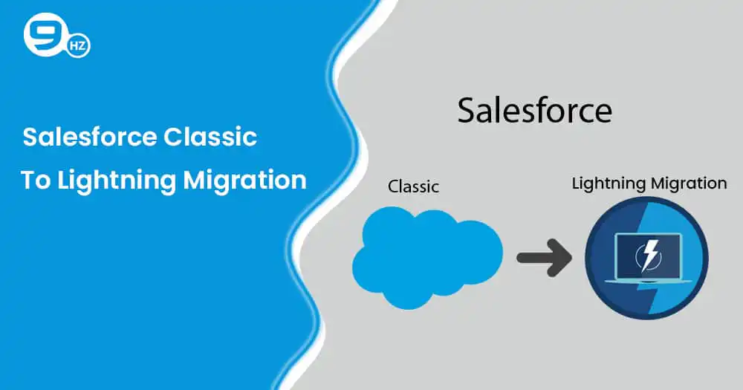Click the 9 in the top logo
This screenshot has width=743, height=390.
(44, 34)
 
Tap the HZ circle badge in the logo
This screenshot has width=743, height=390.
(78, 46)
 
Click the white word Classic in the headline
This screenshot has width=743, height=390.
(210, 137)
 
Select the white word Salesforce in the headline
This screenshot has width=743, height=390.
(90, 137)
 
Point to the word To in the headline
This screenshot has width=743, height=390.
(36, 181)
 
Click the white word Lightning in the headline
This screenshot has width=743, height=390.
(117, 181)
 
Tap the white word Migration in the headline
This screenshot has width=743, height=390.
(245, 181)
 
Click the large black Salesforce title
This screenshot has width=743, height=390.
(534, 111)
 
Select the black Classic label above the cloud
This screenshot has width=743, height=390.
(413, 186)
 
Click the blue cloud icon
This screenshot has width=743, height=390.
(427, 257)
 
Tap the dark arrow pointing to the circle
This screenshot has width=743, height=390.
(544, 258)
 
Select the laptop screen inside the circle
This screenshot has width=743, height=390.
(648, 256)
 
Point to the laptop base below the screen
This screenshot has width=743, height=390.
(648, 282)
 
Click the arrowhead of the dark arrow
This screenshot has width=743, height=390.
(560, 258)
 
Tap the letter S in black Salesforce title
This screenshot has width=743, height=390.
(467, 111)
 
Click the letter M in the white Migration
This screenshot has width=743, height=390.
(195, 181)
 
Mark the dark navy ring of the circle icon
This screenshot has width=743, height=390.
(589, 259)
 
